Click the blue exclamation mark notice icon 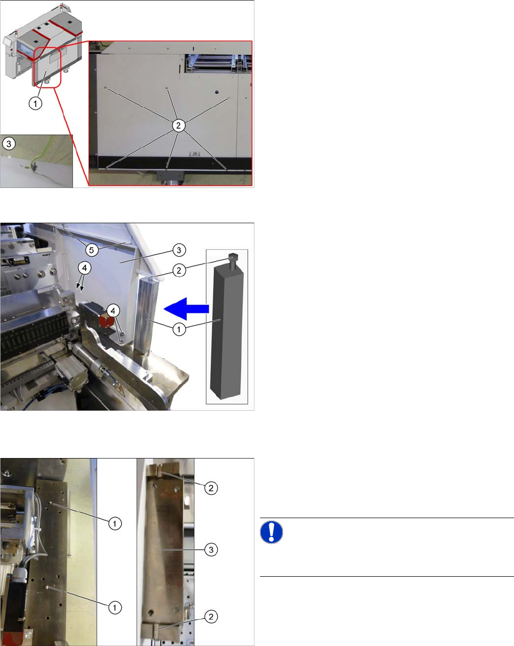tap(271, 532)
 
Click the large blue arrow tap(186, 309)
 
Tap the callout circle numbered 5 tap(92, 250)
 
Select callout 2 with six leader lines tap(179, 125)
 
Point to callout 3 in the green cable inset tap(9, 144)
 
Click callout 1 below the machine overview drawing tap(36, 103)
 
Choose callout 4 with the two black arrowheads tap(84, 268)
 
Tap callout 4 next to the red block tap(113, 311)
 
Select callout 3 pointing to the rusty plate tap(211, 550)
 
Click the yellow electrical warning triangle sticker tap(121, 391)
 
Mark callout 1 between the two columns tap(179, 329)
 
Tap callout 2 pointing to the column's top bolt tap(179, 271)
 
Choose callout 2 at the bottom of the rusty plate tap(211, 617)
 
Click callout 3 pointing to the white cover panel tap(179, 250)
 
